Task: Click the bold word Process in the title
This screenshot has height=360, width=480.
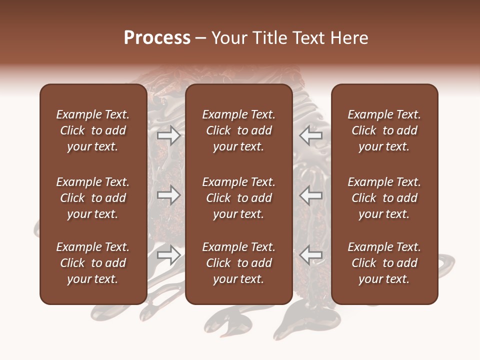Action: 157,38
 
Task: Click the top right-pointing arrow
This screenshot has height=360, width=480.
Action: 169,135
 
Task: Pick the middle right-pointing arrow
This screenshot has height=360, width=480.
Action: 169,195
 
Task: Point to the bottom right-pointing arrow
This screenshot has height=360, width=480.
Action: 169,255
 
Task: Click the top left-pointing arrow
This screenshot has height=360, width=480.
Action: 310,135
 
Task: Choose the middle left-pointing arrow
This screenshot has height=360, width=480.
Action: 310,195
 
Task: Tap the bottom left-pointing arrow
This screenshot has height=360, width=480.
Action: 310,255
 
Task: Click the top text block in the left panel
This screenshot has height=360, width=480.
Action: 93,130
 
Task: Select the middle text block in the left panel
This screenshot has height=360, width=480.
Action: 93,198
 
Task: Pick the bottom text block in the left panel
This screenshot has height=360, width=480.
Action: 93,263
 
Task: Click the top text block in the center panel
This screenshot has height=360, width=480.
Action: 239,130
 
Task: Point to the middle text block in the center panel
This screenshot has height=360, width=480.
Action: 239,198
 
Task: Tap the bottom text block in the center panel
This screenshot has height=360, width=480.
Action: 239,263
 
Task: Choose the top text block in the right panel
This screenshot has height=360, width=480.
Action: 384,130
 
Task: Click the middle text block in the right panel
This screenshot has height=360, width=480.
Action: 384,198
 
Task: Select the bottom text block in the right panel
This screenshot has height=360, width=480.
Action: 384,263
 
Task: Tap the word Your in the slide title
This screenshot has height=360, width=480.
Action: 227,38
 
